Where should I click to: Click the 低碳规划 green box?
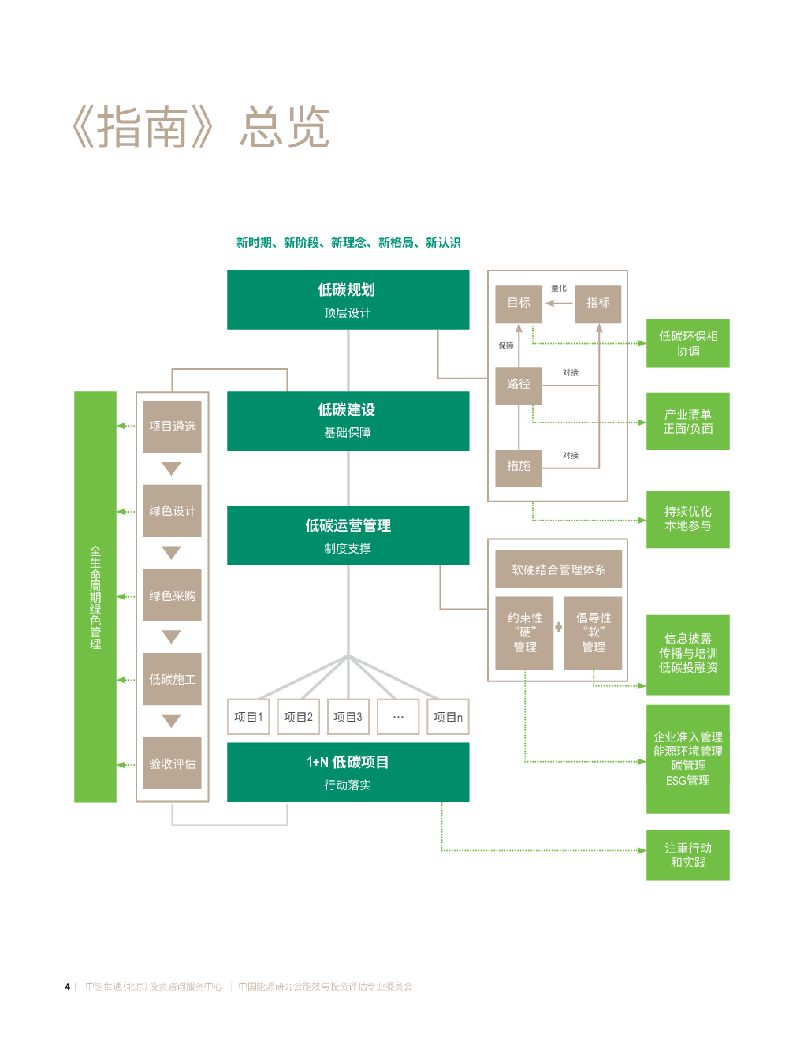[x=348, y=300]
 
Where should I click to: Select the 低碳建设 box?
[x=348, y=421]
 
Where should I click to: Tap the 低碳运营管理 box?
[x=348, y=535]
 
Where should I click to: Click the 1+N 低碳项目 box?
[x=348, y=772]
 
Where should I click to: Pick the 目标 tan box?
[x=518, y=304]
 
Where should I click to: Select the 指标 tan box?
[x=597, y=304]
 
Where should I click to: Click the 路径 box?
[x=518, y=386]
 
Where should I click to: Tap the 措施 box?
[x=518, y=468]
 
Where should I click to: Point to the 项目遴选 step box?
[x=173, y=427]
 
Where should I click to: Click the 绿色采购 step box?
[x=173, y=595]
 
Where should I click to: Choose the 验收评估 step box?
[x=173, y=763]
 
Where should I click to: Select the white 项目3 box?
[x=348, y=717]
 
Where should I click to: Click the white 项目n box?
[x=448, y=717]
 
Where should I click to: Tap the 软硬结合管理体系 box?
[x=558, y=569]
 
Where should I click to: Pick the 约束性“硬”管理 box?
[x=524, y=632]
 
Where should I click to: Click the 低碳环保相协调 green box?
[x=687, y=344]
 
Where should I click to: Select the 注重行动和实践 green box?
[x=687, y=855]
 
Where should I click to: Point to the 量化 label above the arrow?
[x=558, y=289]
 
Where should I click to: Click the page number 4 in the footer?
[x=68, y=987]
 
